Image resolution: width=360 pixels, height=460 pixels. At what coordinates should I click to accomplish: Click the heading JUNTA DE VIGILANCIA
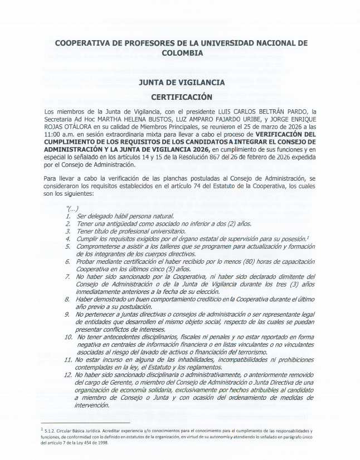[182, 82]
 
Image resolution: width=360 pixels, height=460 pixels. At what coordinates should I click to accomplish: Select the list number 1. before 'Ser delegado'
[68, 216]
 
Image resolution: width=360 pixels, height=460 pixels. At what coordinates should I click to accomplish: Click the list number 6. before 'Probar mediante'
[68, 261]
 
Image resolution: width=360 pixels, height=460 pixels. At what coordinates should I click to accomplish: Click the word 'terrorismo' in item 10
[259, 352]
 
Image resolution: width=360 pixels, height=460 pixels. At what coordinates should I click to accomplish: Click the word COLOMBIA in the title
[182, 53]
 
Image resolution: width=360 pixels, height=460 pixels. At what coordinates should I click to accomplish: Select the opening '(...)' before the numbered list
[72, 209]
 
